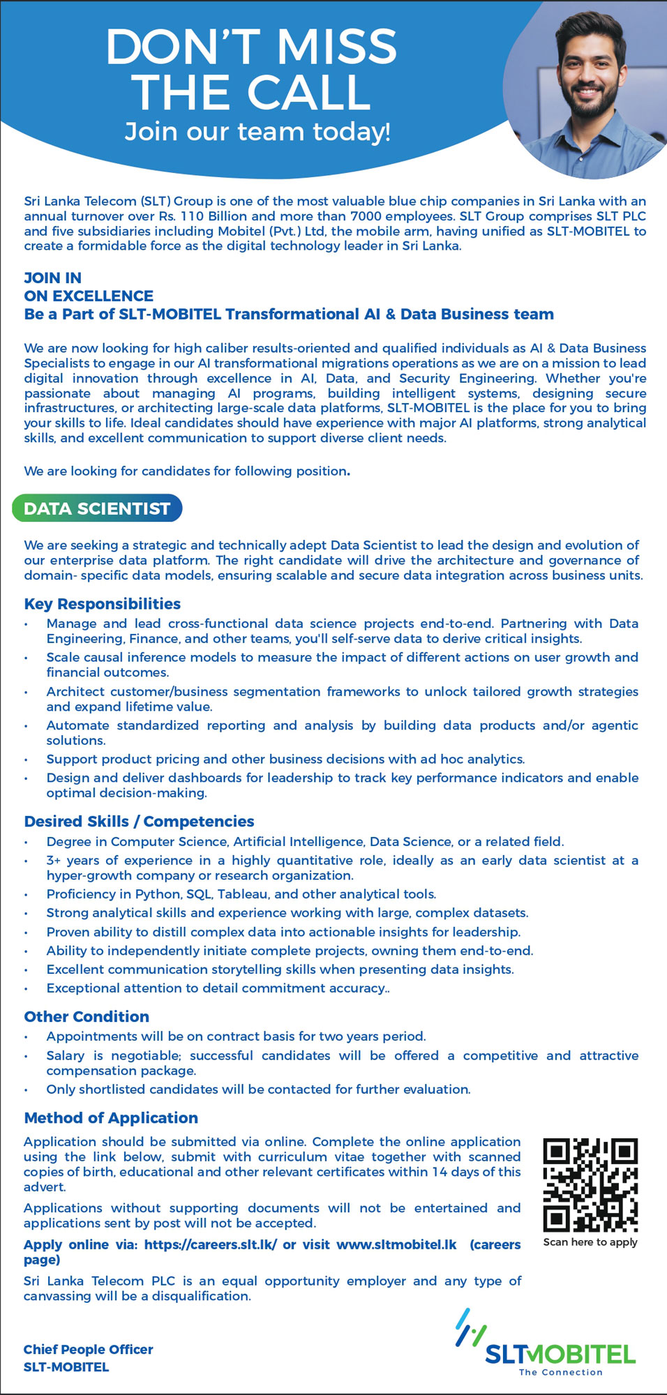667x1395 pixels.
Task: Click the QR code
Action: tap(590, 1185)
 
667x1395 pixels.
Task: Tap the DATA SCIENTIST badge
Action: tap(97, 508)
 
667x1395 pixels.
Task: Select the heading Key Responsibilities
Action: tap(102, 604)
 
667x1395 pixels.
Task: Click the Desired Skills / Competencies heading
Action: tap(139, 822)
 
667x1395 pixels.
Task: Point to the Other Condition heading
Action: tap(87, 1017)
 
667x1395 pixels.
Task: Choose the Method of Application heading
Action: tap(111, 1118)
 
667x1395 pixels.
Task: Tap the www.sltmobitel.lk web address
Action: tap(396, 1245)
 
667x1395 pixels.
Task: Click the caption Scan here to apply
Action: tap(590, 1242)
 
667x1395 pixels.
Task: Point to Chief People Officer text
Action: tap(88, 1350)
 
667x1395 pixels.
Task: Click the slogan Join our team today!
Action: tap(257, 132)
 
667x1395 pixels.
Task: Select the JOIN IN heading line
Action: tap(53, 278)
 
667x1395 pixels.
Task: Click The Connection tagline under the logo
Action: tap(560, 1373)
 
